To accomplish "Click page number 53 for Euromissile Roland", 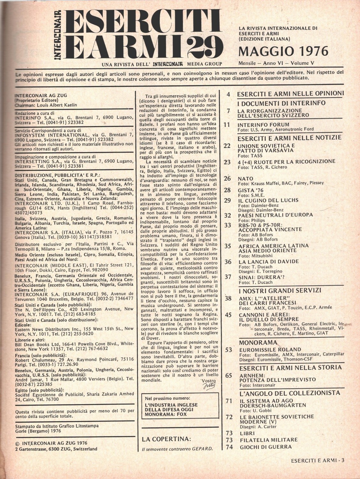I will pos(228,350).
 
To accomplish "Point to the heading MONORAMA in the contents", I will pos(258,342).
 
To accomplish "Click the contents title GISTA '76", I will pos(250,190).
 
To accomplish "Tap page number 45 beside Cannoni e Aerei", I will pos(228,314).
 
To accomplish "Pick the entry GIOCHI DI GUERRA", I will pos(265,447).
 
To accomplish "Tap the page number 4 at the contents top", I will pos(228,94).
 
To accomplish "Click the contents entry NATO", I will pos(246,178).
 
